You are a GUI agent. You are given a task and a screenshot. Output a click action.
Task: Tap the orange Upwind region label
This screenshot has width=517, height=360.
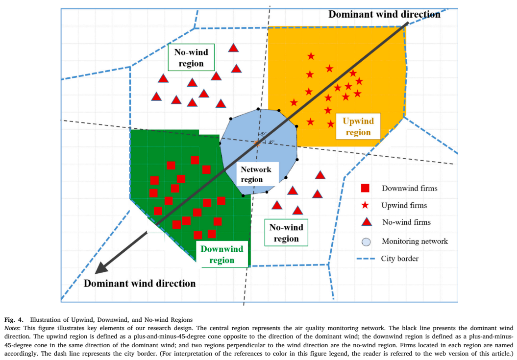(358, 127)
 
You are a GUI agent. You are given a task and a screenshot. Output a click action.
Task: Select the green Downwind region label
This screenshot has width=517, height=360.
(222, 255)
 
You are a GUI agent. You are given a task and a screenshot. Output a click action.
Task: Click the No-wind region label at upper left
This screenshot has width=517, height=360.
(188, 57)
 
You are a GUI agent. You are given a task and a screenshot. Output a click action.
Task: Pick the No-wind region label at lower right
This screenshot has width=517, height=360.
(286, 233)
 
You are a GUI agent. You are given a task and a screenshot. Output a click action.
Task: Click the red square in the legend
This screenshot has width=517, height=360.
(365, 188)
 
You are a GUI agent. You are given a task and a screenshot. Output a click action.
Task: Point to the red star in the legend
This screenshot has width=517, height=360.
(365, 205)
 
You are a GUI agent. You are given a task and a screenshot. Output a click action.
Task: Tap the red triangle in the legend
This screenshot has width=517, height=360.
(365, 222)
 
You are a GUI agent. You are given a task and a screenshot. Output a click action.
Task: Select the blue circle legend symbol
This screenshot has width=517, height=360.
(366, 241)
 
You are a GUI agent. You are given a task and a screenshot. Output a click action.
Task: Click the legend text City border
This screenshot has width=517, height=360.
(400, 259)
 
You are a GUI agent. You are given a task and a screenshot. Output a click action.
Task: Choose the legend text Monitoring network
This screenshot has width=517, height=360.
(415, 241)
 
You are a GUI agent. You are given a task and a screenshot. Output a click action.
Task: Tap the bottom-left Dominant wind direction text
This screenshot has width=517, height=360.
(140, 283)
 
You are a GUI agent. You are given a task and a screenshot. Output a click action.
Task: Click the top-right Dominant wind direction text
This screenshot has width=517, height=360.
(384, 14)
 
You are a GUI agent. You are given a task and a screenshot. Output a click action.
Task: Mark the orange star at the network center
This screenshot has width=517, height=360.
(257, 143)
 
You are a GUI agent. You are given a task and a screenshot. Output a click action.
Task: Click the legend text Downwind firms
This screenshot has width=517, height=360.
(410, 188)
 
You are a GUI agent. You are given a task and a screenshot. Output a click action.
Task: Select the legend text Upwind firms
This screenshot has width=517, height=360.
(404, 205)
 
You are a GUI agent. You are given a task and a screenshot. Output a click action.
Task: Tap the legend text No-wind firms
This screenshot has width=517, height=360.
(406, 222)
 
